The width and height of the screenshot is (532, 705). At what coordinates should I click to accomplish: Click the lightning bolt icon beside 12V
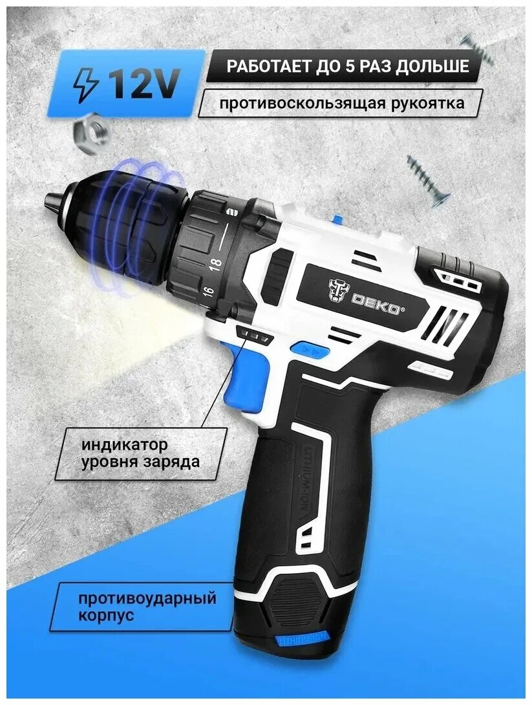86,85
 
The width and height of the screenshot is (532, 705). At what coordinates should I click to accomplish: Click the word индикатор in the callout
125,445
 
